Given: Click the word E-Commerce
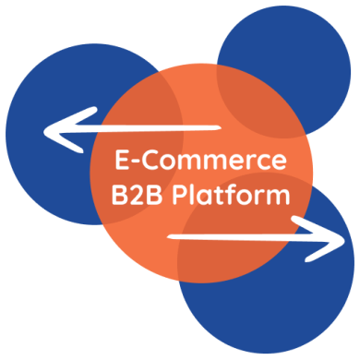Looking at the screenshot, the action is (x=200, y=162).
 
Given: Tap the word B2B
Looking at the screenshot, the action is (x=135, y=196).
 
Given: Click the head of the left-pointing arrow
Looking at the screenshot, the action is (x=51, y=133).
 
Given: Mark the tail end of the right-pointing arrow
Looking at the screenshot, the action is (x=172, y=238).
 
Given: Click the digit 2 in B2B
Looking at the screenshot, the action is (x=135, y=196).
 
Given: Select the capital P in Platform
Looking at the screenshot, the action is (x=181, y=196).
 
